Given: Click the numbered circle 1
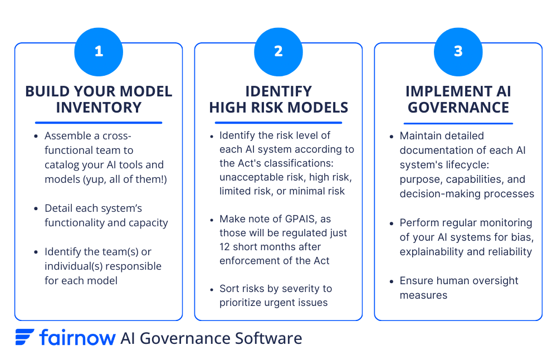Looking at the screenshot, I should click(x=99, y=51).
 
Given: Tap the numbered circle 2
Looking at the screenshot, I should click(x=278, y=51).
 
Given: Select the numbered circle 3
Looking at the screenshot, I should click(x=458, y=51).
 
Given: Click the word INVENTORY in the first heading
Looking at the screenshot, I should click(x=99, y=107).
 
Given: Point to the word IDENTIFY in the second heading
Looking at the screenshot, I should click(x=278, y=91).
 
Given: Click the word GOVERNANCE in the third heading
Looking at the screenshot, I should click(x=458, y=107).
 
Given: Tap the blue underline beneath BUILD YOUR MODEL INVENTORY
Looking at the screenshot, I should click(x=99, y=122).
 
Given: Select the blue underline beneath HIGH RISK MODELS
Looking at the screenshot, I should click(x=278, y=122).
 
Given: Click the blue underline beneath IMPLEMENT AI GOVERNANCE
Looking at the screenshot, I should click(x=458, y=122).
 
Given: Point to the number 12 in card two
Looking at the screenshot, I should click(x=226, y=246).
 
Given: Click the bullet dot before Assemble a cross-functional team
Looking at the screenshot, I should click(x=36, y=137).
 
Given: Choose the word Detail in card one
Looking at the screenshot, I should click(x=59, y=208).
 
